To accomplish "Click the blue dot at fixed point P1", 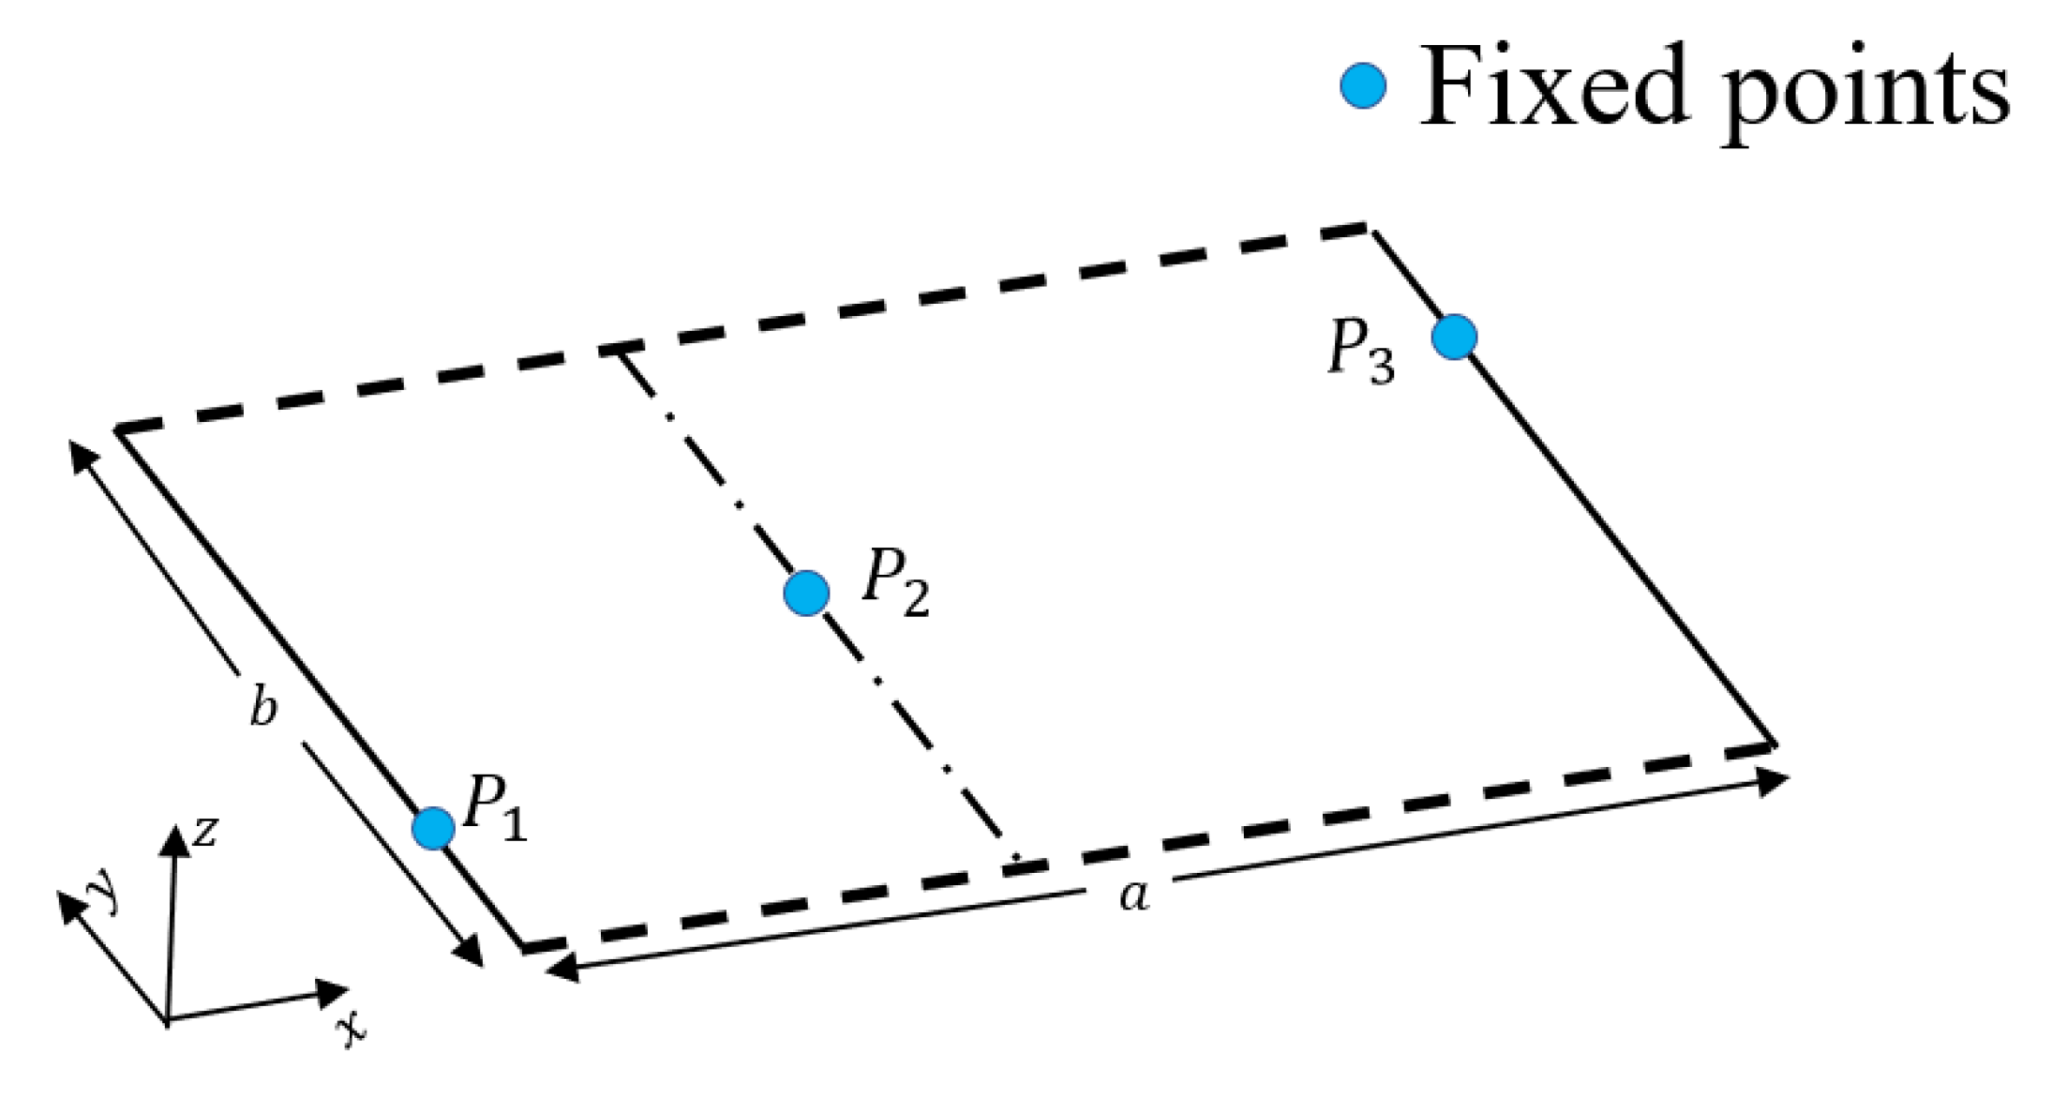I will tap(433, 828).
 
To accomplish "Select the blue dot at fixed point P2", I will tap(806, 593).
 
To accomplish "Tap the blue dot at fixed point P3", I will tap(1454, 337).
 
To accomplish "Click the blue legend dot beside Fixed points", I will tap(1363, 86).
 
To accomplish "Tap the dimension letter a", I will tap(1134, 895).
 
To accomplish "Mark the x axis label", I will tap(352, 1030).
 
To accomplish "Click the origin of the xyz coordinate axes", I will tap(167, 1020).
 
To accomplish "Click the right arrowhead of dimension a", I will tap(1775, 780).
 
